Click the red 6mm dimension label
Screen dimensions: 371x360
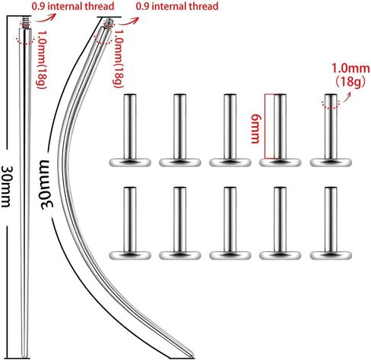click(255, 128)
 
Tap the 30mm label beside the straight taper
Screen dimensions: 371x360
click(6, 186)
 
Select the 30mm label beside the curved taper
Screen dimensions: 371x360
click(47, 185)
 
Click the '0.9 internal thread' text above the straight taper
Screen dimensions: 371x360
click(73, 6)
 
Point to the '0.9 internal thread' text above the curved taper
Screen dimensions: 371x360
click(177, 6)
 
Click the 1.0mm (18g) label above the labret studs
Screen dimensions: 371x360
click(350, 75)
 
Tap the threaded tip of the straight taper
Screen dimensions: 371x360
click(25, 23)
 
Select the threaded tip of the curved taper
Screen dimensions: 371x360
click(109, 24)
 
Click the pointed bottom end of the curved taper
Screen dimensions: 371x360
click(192, 355)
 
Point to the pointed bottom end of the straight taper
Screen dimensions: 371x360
click(25, 356)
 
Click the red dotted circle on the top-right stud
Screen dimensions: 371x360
click(331, 104)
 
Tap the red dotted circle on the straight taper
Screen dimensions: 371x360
click(25, 39)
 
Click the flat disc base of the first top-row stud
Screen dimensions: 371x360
click(130, 163)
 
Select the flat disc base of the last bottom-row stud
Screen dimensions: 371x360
click(331, 255)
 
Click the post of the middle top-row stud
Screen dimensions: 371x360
click(230, 127)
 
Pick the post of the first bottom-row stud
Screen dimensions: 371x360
click(130, 219)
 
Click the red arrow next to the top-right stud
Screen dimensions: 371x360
click(347, 96)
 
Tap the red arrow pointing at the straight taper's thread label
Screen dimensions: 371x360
click(46, 18)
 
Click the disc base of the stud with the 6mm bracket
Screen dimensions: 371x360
click(280, 163)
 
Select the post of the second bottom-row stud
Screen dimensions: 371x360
click(180, 219)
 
